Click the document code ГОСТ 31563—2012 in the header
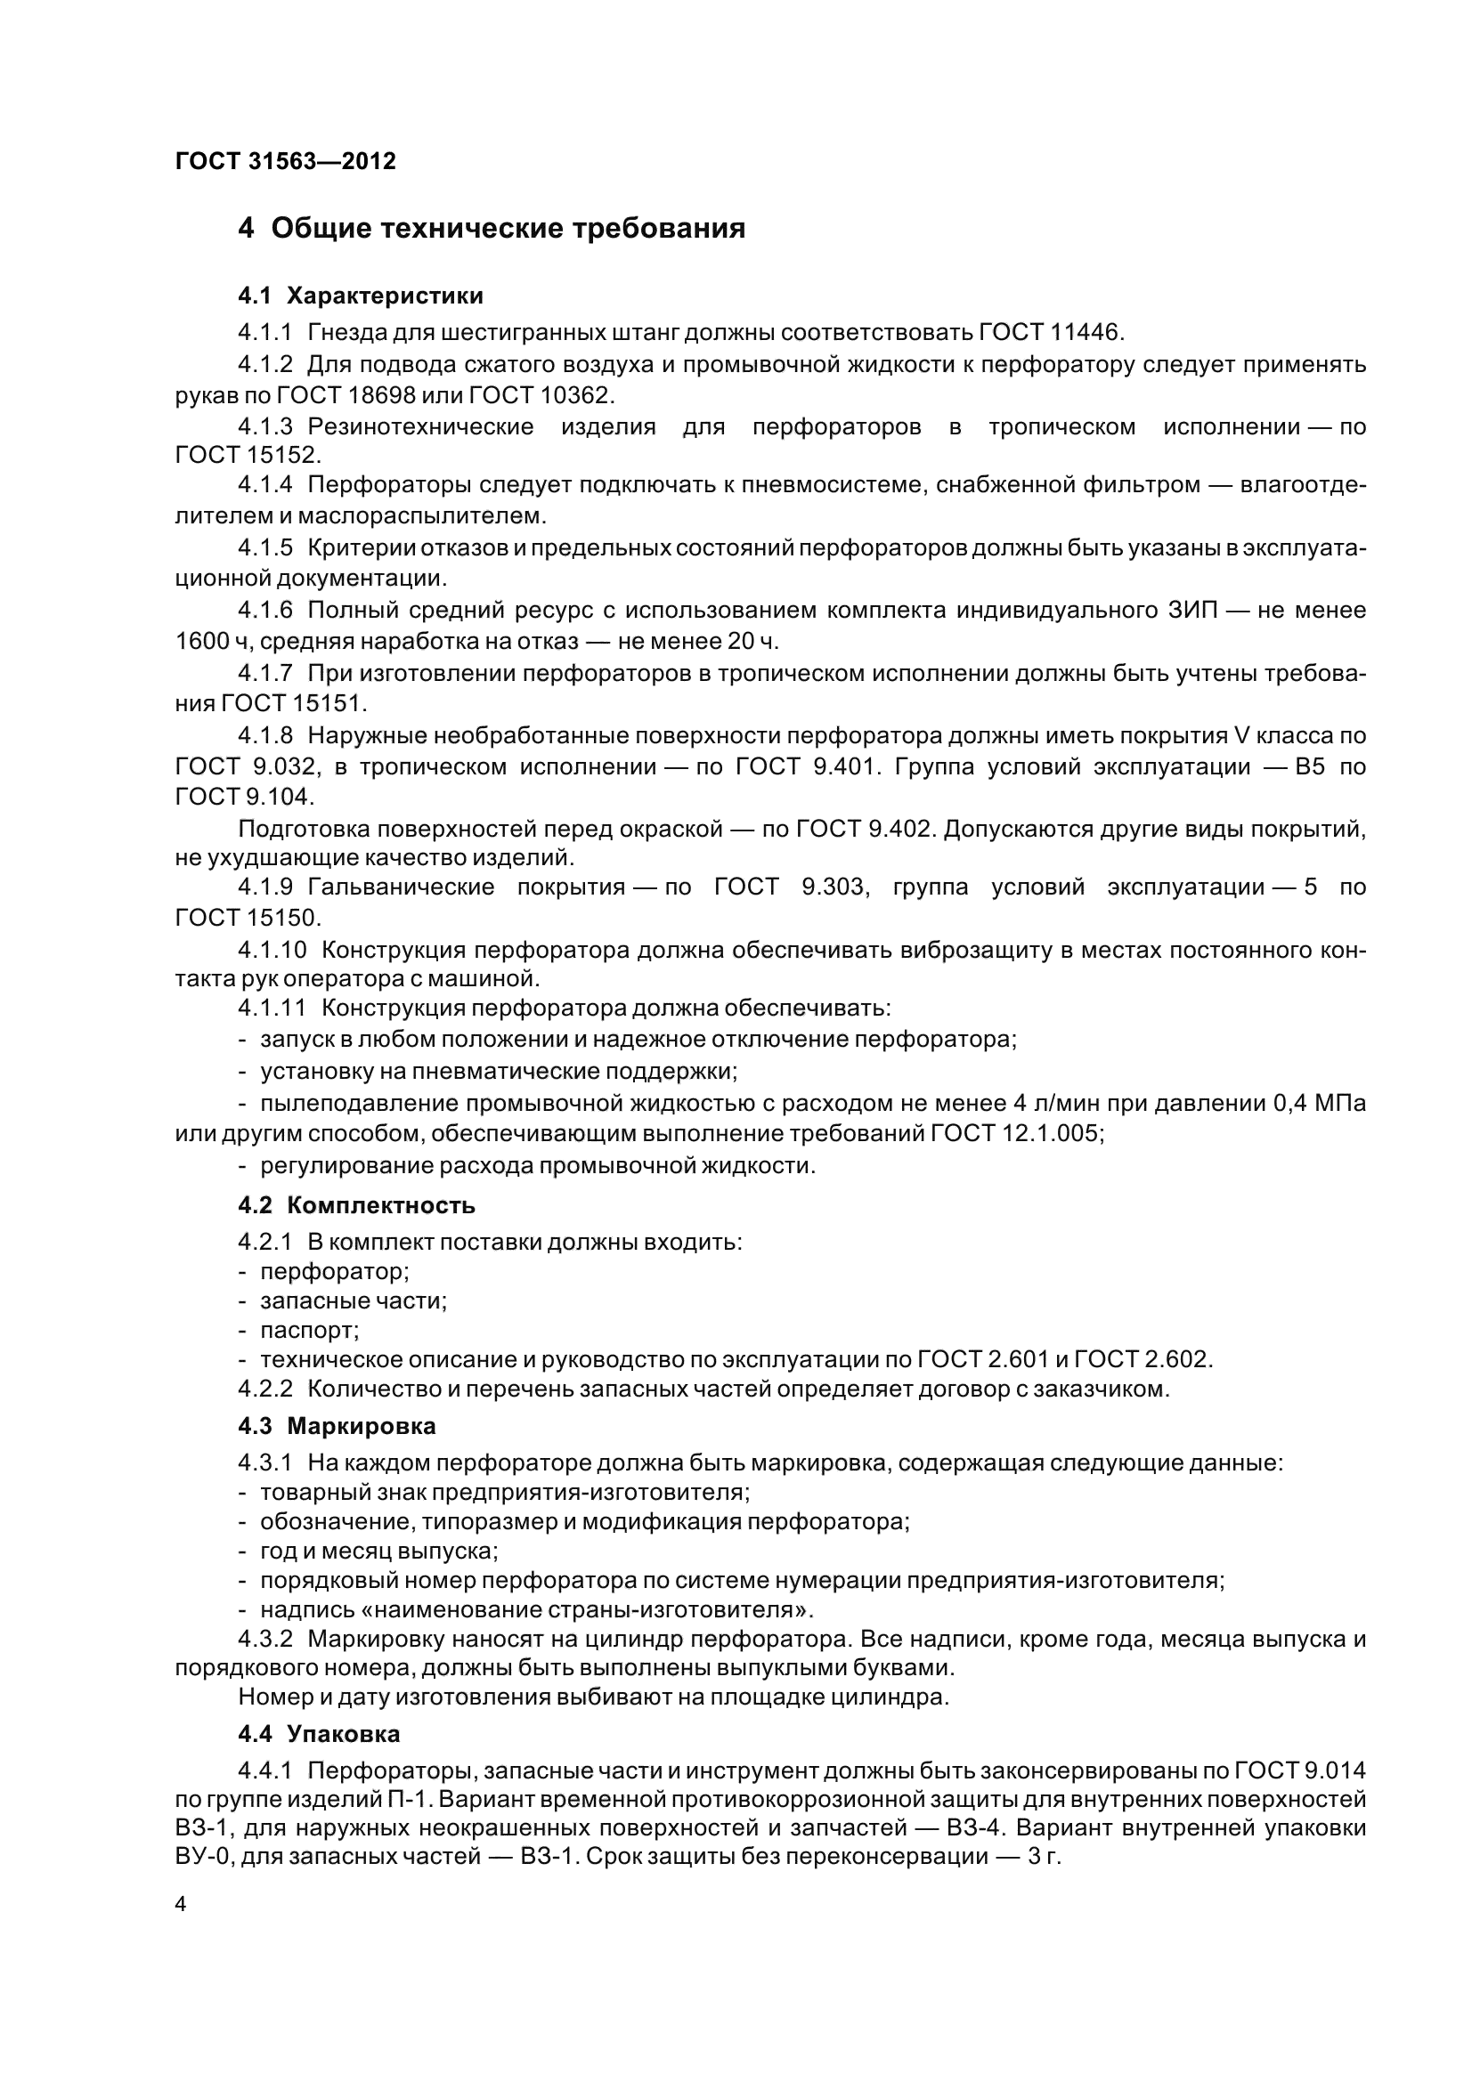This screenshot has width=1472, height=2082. coord(286,161)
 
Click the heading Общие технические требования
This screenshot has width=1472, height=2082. coord(508,229)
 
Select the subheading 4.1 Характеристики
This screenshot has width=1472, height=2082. coord(360,296)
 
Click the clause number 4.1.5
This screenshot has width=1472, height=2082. coord(264,547)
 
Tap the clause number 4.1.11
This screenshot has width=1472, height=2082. coord(272,1008)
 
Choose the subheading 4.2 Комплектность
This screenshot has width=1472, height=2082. coord(356,1205)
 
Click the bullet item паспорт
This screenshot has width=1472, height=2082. coord(309,1330)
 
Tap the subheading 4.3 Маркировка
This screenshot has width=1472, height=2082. coord(337,1426)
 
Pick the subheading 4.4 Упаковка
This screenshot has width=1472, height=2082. coord(318,1734)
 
